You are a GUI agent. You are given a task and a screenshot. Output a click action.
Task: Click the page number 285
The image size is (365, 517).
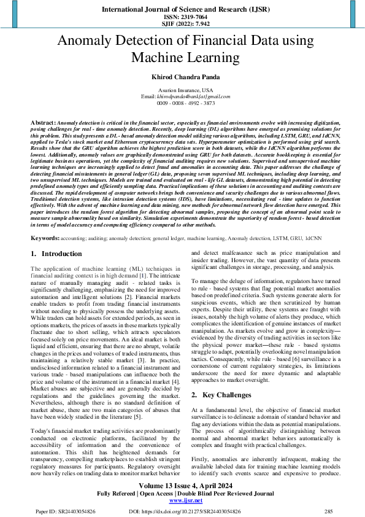tap(328, 510)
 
